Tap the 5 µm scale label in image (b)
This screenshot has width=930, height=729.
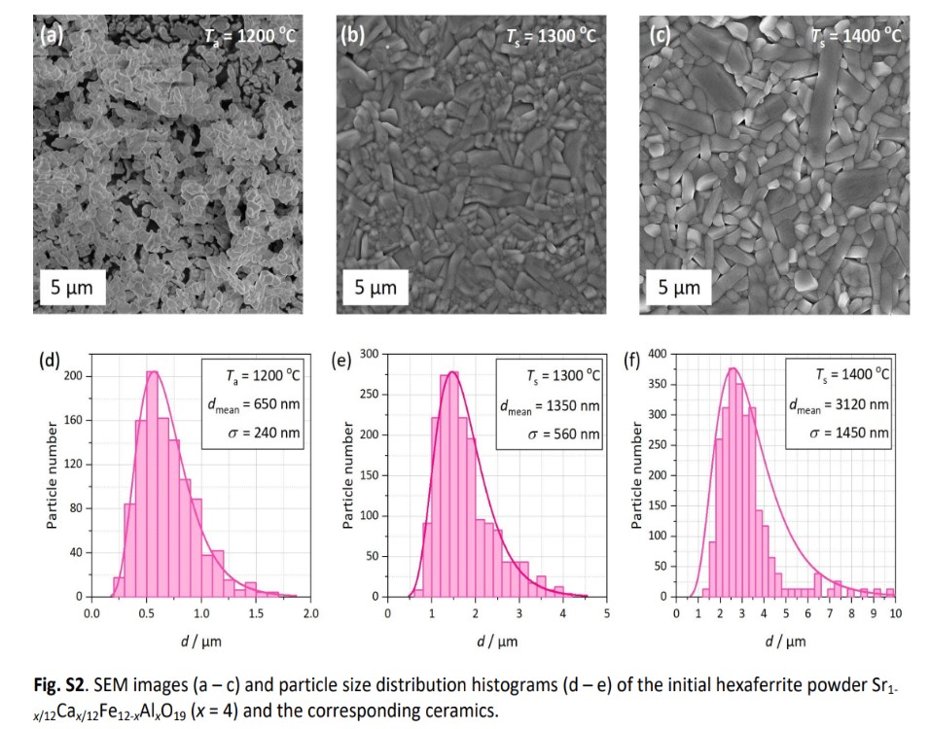click(375, 288)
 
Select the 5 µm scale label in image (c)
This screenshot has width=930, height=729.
click(679, 288)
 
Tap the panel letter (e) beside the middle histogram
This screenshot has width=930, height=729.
click(341, 363)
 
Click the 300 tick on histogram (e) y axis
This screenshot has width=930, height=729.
click(367, 353)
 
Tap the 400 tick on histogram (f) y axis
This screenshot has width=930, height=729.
click(659, 354)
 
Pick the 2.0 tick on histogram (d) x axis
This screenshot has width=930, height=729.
click(311, 614)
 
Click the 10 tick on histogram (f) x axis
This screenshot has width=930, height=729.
click(894, 614)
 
